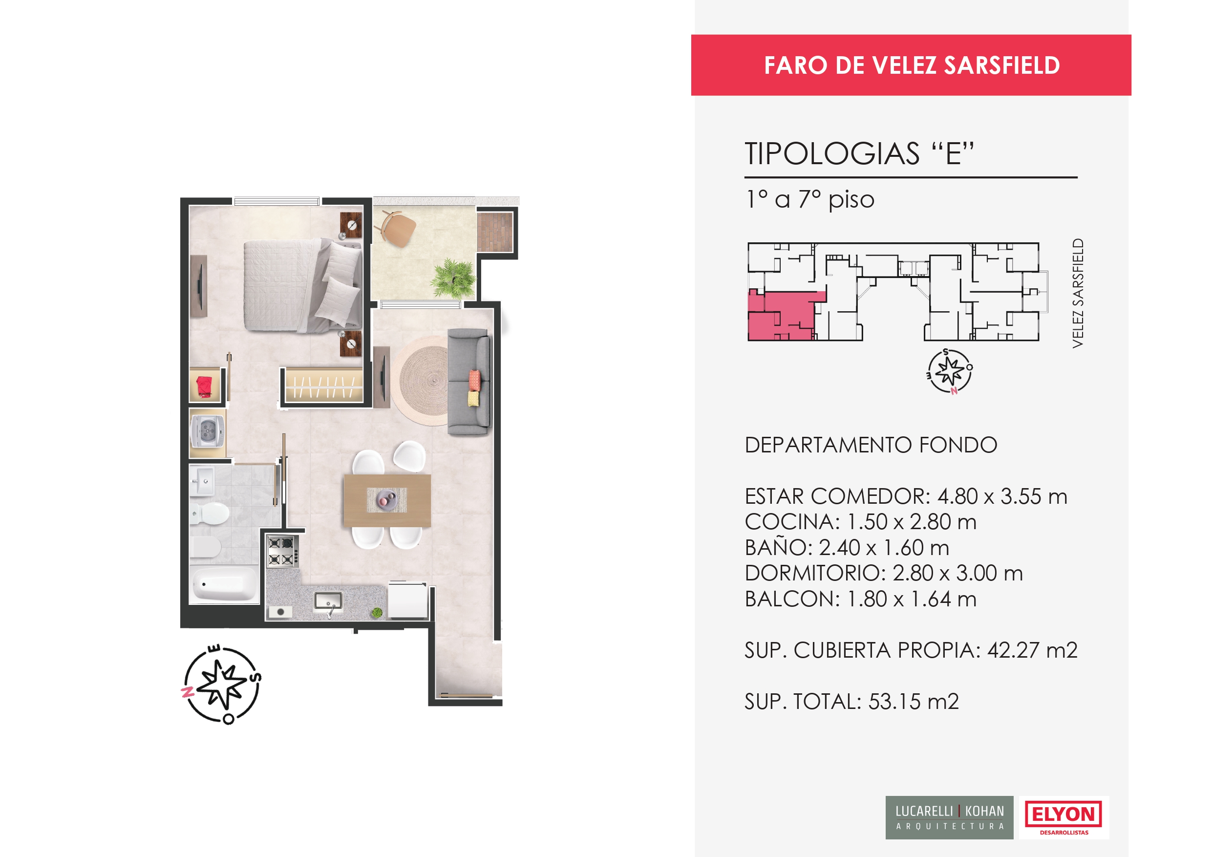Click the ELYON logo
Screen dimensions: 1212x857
1063,817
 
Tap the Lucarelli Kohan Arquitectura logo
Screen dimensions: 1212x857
949,817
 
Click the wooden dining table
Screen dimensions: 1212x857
387,500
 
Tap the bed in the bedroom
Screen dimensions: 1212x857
303,285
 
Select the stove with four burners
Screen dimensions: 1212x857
282,551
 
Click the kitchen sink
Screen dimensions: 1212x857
328,601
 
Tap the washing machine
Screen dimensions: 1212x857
208,432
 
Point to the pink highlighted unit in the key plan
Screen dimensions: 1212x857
781,316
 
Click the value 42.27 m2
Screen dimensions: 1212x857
1033,650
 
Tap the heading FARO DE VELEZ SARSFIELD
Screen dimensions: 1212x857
912,65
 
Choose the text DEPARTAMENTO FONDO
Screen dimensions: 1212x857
871,445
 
